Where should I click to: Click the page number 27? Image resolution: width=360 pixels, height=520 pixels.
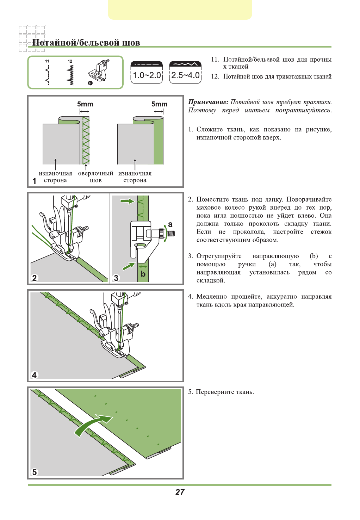point(180,492)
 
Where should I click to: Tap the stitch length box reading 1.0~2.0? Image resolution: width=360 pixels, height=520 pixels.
point(147,73)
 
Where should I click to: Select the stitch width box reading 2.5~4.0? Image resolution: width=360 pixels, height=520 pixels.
point(185,73)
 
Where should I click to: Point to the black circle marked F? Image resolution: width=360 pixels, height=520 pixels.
point(90,83)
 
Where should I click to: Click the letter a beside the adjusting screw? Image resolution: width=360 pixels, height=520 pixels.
point(170,224)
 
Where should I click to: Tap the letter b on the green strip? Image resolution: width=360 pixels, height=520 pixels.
point(143,274)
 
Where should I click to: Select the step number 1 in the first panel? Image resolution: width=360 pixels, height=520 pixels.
point(34,181)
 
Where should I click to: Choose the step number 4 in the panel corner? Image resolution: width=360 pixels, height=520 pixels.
point(34,375)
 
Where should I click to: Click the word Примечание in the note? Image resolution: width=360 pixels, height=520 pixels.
point(208,102)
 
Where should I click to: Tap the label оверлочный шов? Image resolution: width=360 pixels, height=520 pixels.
point(95,177)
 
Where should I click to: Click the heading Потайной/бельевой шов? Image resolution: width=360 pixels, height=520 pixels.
point(86,43)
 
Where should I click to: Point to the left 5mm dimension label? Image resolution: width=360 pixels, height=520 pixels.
point(85,104)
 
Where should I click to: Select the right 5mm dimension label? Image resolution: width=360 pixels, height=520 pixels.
point(160,104)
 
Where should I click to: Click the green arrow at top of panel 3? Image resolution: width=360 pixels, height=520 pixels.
point(127,201)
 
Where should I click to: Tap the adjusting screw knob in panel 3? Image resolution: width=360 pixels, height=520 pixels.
point(162,233)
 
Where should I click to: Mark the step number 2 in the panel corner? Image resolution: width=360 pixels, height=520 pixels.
point(34,278)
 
